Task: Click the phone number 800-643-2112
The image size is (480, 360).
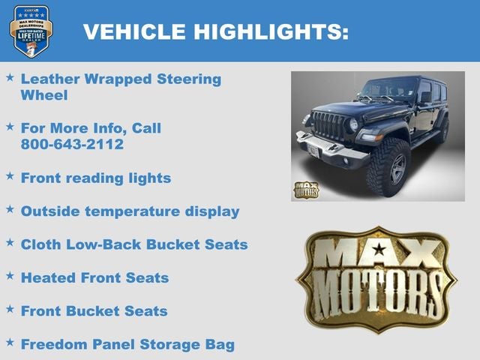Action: click(x=72, y=145)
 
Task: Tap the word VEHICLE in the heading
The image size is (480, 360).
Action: click(x=135, y=32)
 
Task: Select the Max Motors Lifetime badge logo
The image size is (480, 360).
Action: click(x=31, y=31)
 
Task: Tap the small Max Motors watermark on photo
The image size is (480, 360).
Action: click(x=306, y=190)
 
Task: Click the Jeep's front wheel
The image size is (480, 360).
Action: click(x=388, y=167)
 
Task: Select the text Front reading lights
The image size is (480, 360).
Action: click(x=96, y=178)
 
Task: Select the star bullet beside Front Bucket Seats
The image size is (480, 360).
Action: click(x=10, y=309)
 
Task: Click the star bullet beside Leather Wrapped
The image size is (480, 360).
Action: click(x=10, y=77)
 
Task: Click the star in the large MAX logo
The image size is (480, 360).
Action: click(x=379, y=250)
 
